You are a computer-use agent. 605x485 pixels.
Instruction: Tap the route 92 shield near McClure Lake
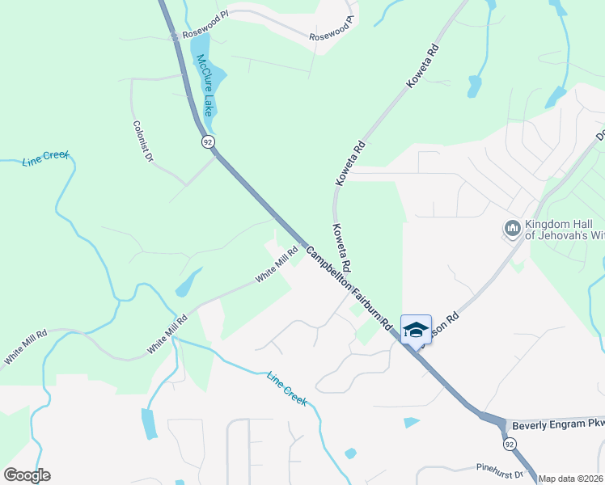(x=208, y=141)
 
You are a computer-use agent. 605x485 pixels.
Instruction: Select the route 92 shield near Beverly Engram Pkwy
(x=508, y=444)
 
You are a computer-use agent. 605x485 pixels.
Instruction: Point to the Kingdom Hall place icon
(x=511, y=229)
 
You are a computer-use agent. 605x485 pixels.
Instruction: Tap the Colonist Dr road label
(x=143, y=141)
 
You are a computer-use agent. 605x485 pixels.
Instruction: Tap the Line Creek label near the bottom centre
(x=287, y=388)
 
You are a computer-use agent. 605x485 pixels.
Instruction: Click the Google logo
(x=27, y=475)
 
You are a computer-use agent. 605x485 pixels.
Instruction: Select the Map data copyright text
(x=571, y=479)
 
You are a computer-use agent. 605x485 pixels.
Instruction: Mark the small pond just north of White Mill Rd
(x=188, y=282)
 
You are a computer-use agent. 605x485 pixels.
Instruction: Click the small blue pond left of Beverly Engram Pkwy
(x=412, y=422)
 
